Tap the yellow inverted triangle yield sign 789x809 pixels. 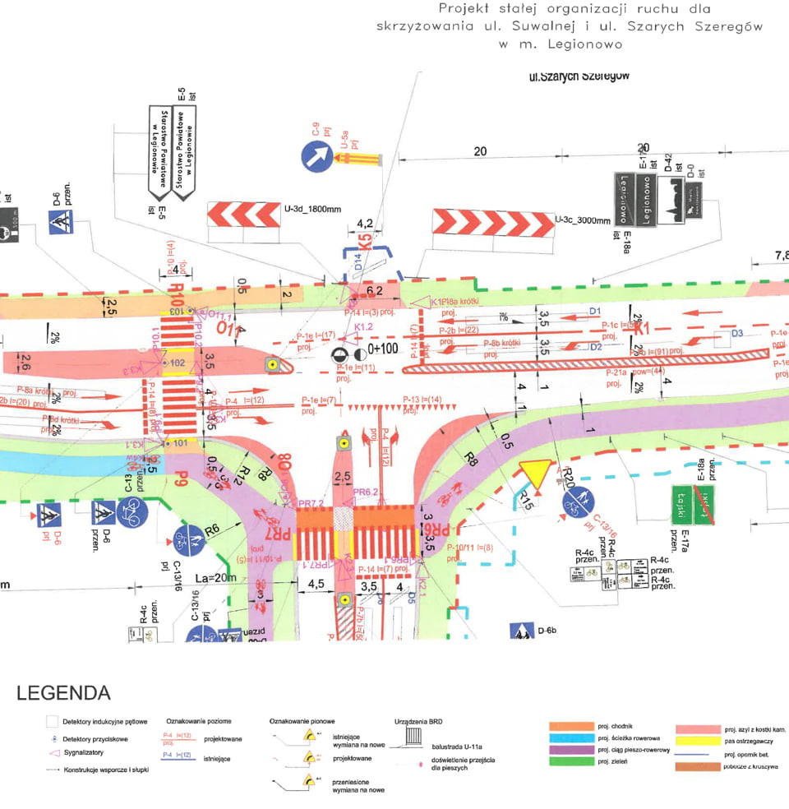click(534, 474)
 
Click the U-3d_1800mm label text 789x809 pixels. click(312, 210)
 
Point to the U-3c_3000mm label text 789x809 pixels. click(583, 220)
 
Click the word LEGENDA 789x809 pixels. click(63, 693)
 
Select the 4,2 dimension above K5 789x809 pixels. click(365, 223)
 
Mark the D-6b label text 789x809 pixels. click(547, 631)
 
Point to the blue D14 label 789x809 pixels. click(358, 264)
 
